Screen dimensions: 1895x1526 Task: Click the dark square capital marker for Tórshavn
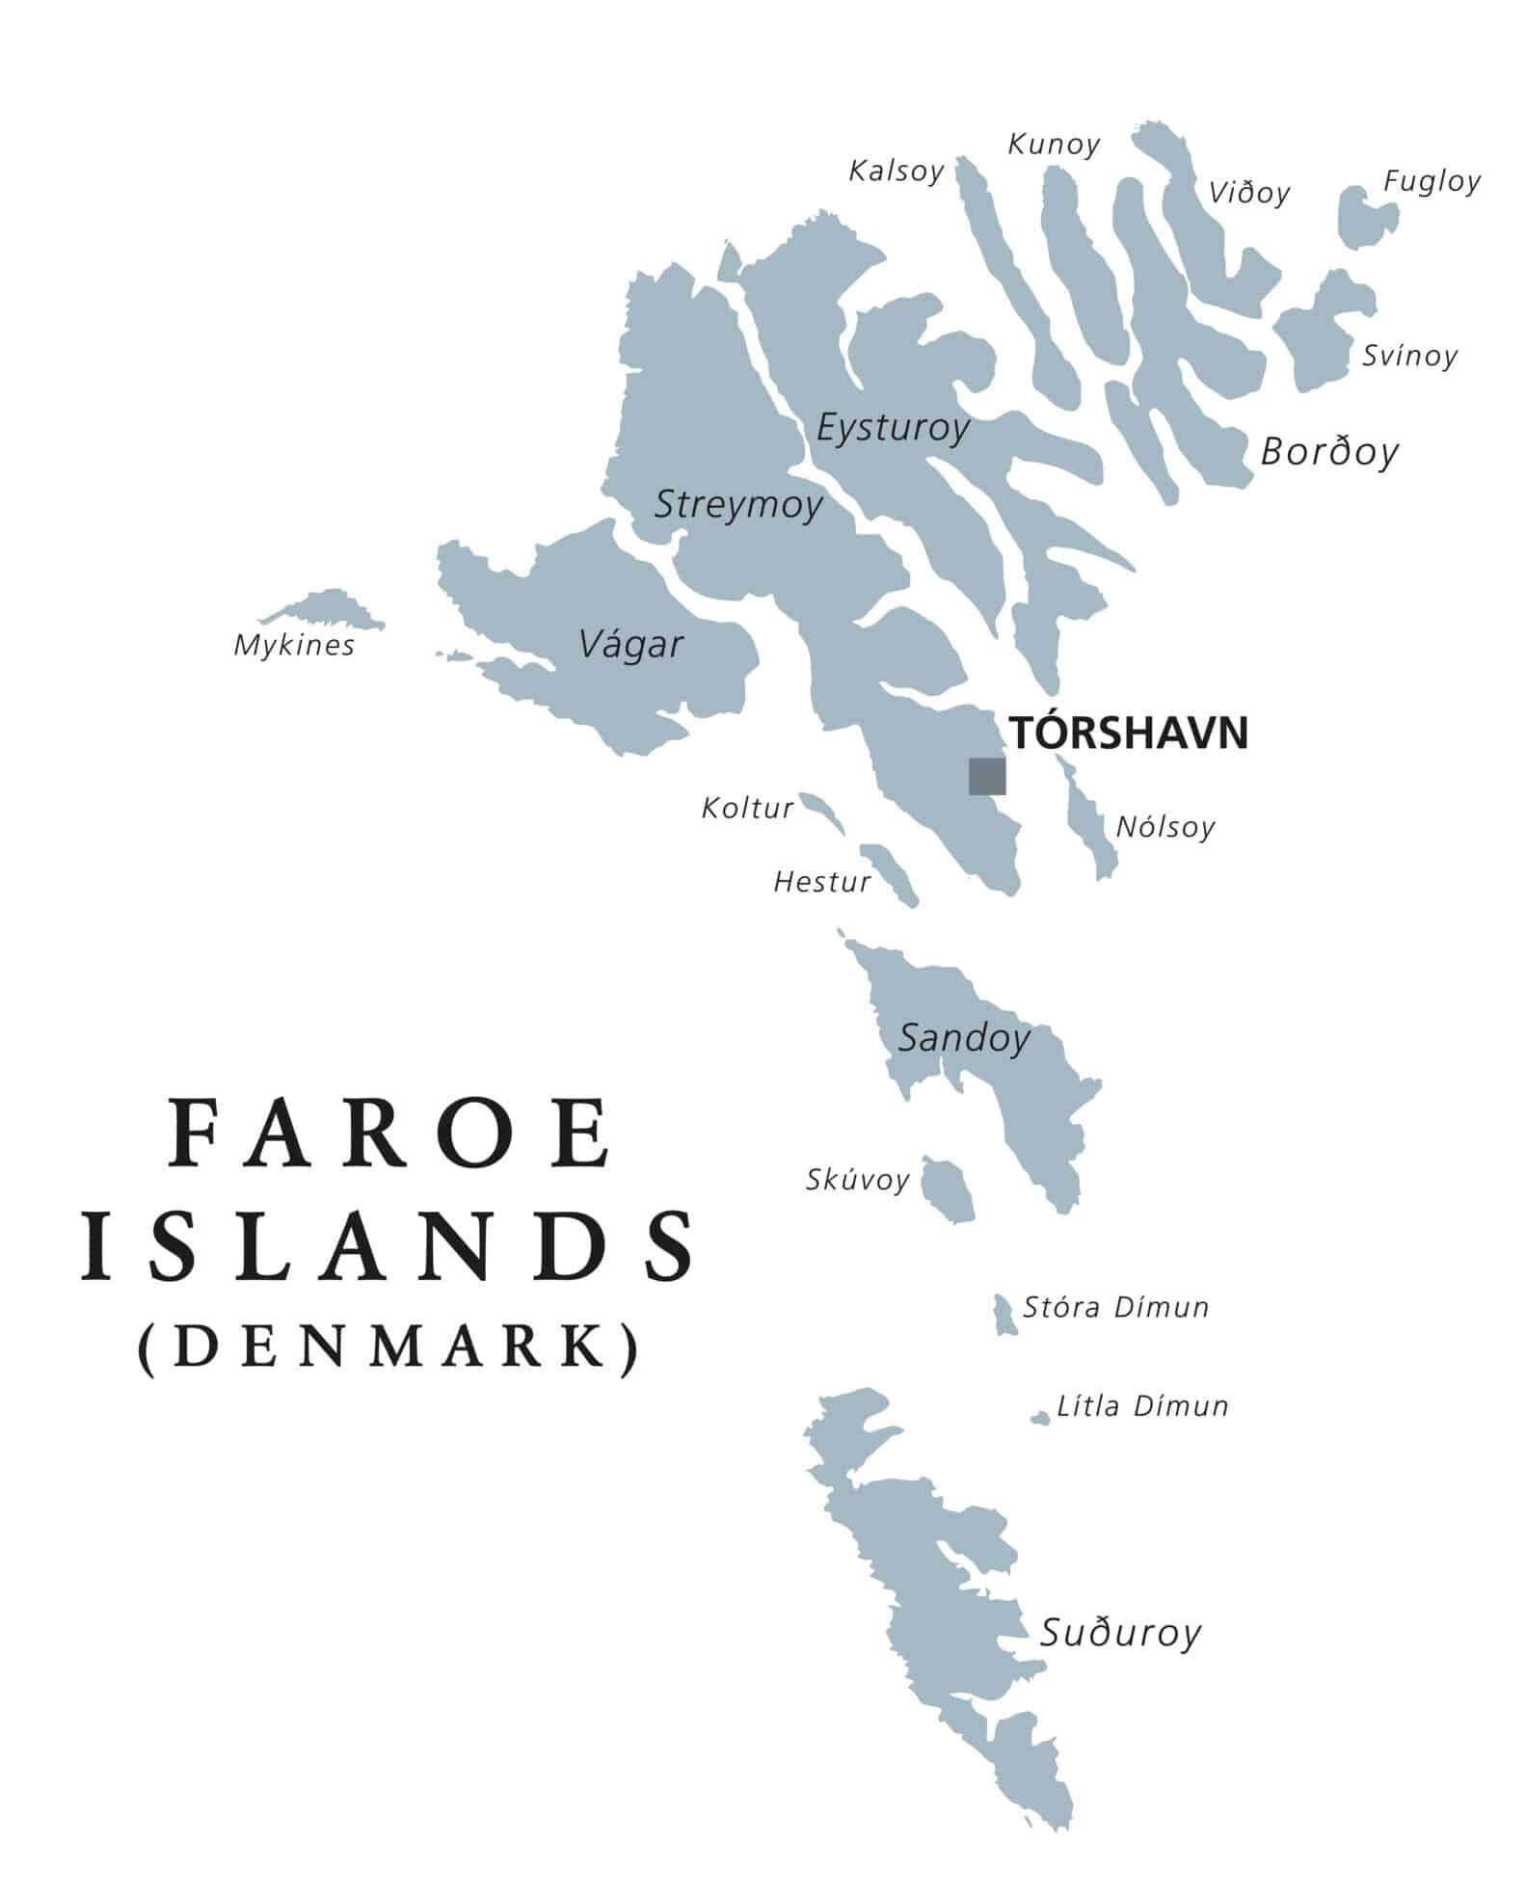(986, 776)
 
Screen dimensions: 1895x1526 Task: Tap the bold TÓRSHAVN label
(1128, 734)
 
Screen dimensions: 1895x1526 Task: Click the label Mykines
(294, 646)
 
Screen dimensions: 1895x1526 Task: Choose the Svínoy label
(1408, 356)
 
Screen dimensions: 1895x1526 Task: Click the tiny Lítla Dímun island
(1039, 1419)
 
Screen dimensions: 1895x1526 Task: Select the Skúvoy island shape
(947, 1190)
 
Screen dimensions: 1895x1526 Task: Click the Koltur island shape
(821, 812)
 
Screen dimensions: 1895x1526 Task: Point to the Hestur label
(821, 882)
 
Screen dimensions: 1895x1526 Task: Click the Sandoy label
(964, 1038)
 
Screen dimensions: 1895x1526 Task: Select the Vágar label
(630, 644)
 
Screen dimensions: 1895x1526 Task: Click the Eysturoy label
(892, 427)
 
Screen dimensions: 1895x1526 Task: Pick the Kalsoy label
(896, 172)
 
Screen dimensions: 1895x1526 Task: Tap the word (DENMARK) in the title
(388, 1348)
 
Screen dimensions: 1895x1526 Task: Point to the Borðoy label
(1328, 451)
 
